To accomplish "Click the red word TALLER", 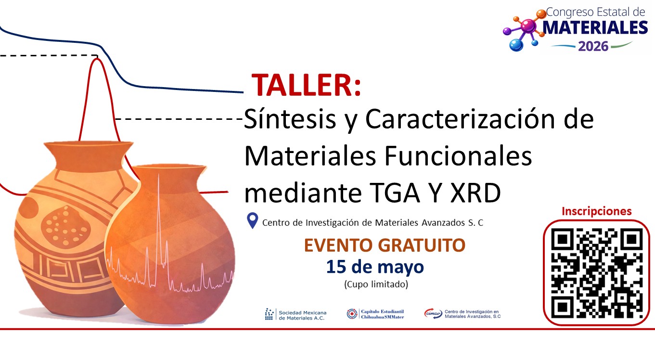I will [x=306, y=86].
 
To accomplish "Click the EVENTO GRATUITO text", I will [x=385, y=245].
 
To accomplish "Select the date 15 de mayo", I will [x=375, y=266].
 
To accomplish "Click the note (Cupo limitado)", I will [x=376, y=284].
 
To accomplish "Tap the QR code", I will [x=596, y=272].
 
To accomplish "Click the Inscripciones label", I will [x=596, y=211].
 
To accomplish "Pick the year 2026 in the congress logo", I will [x=593, y=46].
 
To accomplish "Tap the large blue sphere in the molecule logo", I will [x=516, y=45].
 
